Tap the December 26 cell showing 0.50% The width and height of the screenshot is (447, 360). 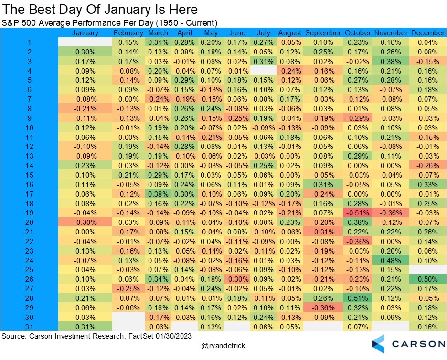(x=427, y=279)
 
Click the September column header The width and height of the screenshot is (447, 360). (x=323, y=33)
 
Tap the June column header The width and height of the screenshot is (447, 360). (x=237, y=33)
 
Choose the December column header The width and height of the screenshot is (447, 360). (x=427, y=33)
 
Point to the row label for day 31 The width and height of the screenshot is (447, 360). (x=29, y=327)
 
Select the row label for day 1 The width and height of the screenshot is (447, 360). (x=29, y=42)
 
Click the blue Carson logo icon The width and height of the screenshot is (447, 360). (x=378, y=344)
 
